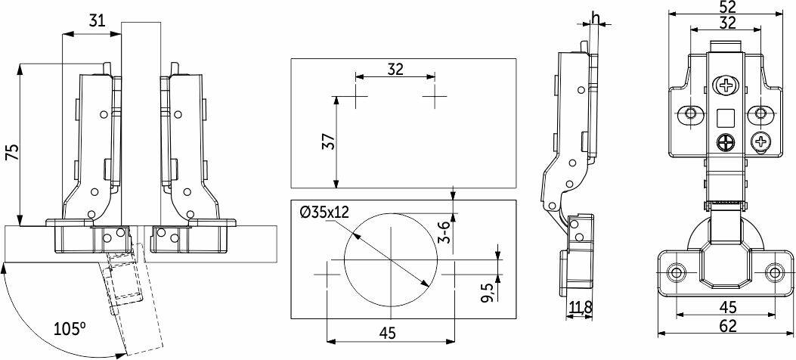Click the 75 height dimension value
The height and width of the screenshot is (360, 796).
tap(12, 152)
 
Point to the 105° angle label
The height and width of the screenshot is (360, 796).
tap(70, 329)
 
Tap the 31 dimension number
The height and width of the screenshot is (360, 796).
tap(97, 21)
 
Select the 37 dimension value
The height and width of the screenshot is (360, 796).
tap(330, 141)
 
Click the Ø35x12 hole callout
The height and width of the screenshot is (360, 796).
tap(324, 213)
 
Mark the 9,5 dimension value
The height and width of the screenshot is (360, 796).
tap(488, 292)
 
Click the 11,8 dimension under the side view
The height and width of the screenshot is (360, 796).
tap(579, 307)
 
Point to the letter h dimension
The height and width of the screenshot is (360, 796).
tap(596, 19)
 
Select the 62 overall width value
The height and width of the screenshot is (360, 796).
tap(727, 326)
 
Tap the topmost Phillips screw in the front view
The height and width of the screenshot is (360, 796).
tap(726, 84)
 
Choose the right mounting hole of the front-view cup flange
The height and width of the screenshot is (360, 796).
tap(774, 273)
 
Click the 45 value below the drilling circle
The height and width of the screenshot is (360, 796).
tap(387, 333)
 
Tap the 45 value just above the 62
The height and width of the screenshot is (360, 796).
tap(727, 307)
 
